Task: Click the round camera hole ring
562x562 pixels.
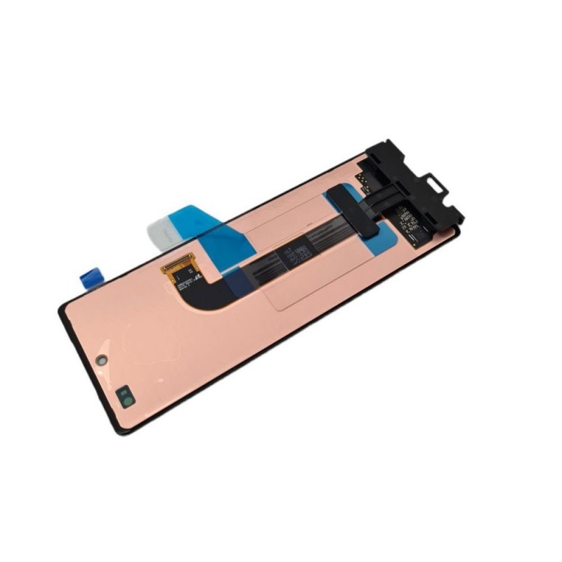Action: pos(102,359)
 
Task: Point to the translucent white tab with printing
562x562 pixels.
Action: pos(162,230)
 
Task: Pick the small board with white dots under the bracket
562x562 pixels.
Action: pos(365,181)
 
